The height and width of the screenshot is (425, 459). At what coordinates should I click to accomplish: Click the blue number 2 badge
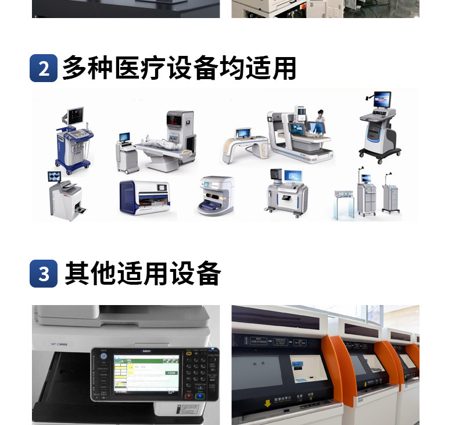[x=44, y=68]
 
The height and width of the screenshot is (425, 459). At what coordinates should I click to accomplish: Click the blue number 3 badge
[x=44, y=274]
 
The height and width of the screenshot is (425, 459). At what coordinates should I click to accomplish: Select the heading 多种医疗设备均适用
[x=179, y=68]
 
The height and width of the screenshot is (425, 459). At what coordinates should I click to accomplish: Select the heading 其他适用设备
[x=142, y=274]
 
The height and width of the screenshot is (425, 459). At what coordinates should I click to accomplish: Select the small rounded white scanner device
[x=216, y=196]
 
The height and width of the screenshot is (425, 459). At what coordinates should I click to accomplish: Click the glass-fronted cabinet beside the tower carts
[x=343, y=204]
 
